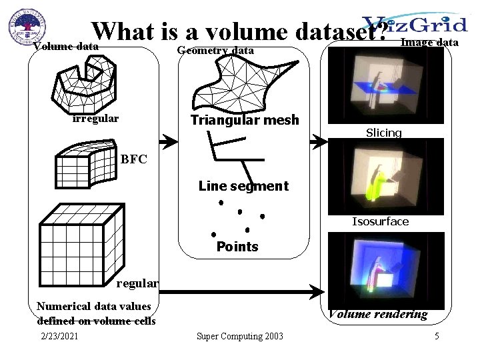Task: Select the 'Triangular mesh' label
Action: pyautogui.click(x=245, y=121)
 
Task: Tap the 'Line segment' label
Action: pyautogui.click(x=243, y=187)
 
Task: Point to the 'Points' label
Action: pyautogui.click(x=237, y=247)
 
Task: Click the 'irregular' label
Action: pyautogui.click(x=96, y=119)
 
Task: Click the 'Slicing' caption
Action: pyautogui.click(x=384, y=133)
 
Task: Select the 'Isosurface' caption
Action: pyautogui.click(x=381, y=221)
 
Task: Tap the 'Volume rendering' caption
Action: pyautogui.click(x=377, y=315)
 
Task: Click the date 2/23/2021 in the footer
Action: pyautogui.click(x=59, y=336)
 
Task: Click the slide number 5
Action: pyautogui.click(x=437, y=336)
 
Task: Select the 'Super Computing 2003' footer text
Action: pyautogui.click(x=239, y=336)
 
